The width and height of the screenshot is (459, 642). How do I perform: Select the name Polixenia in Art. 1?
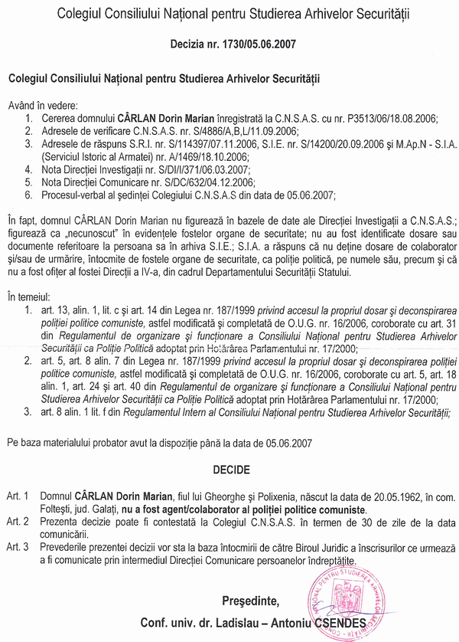click(256, 496)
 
